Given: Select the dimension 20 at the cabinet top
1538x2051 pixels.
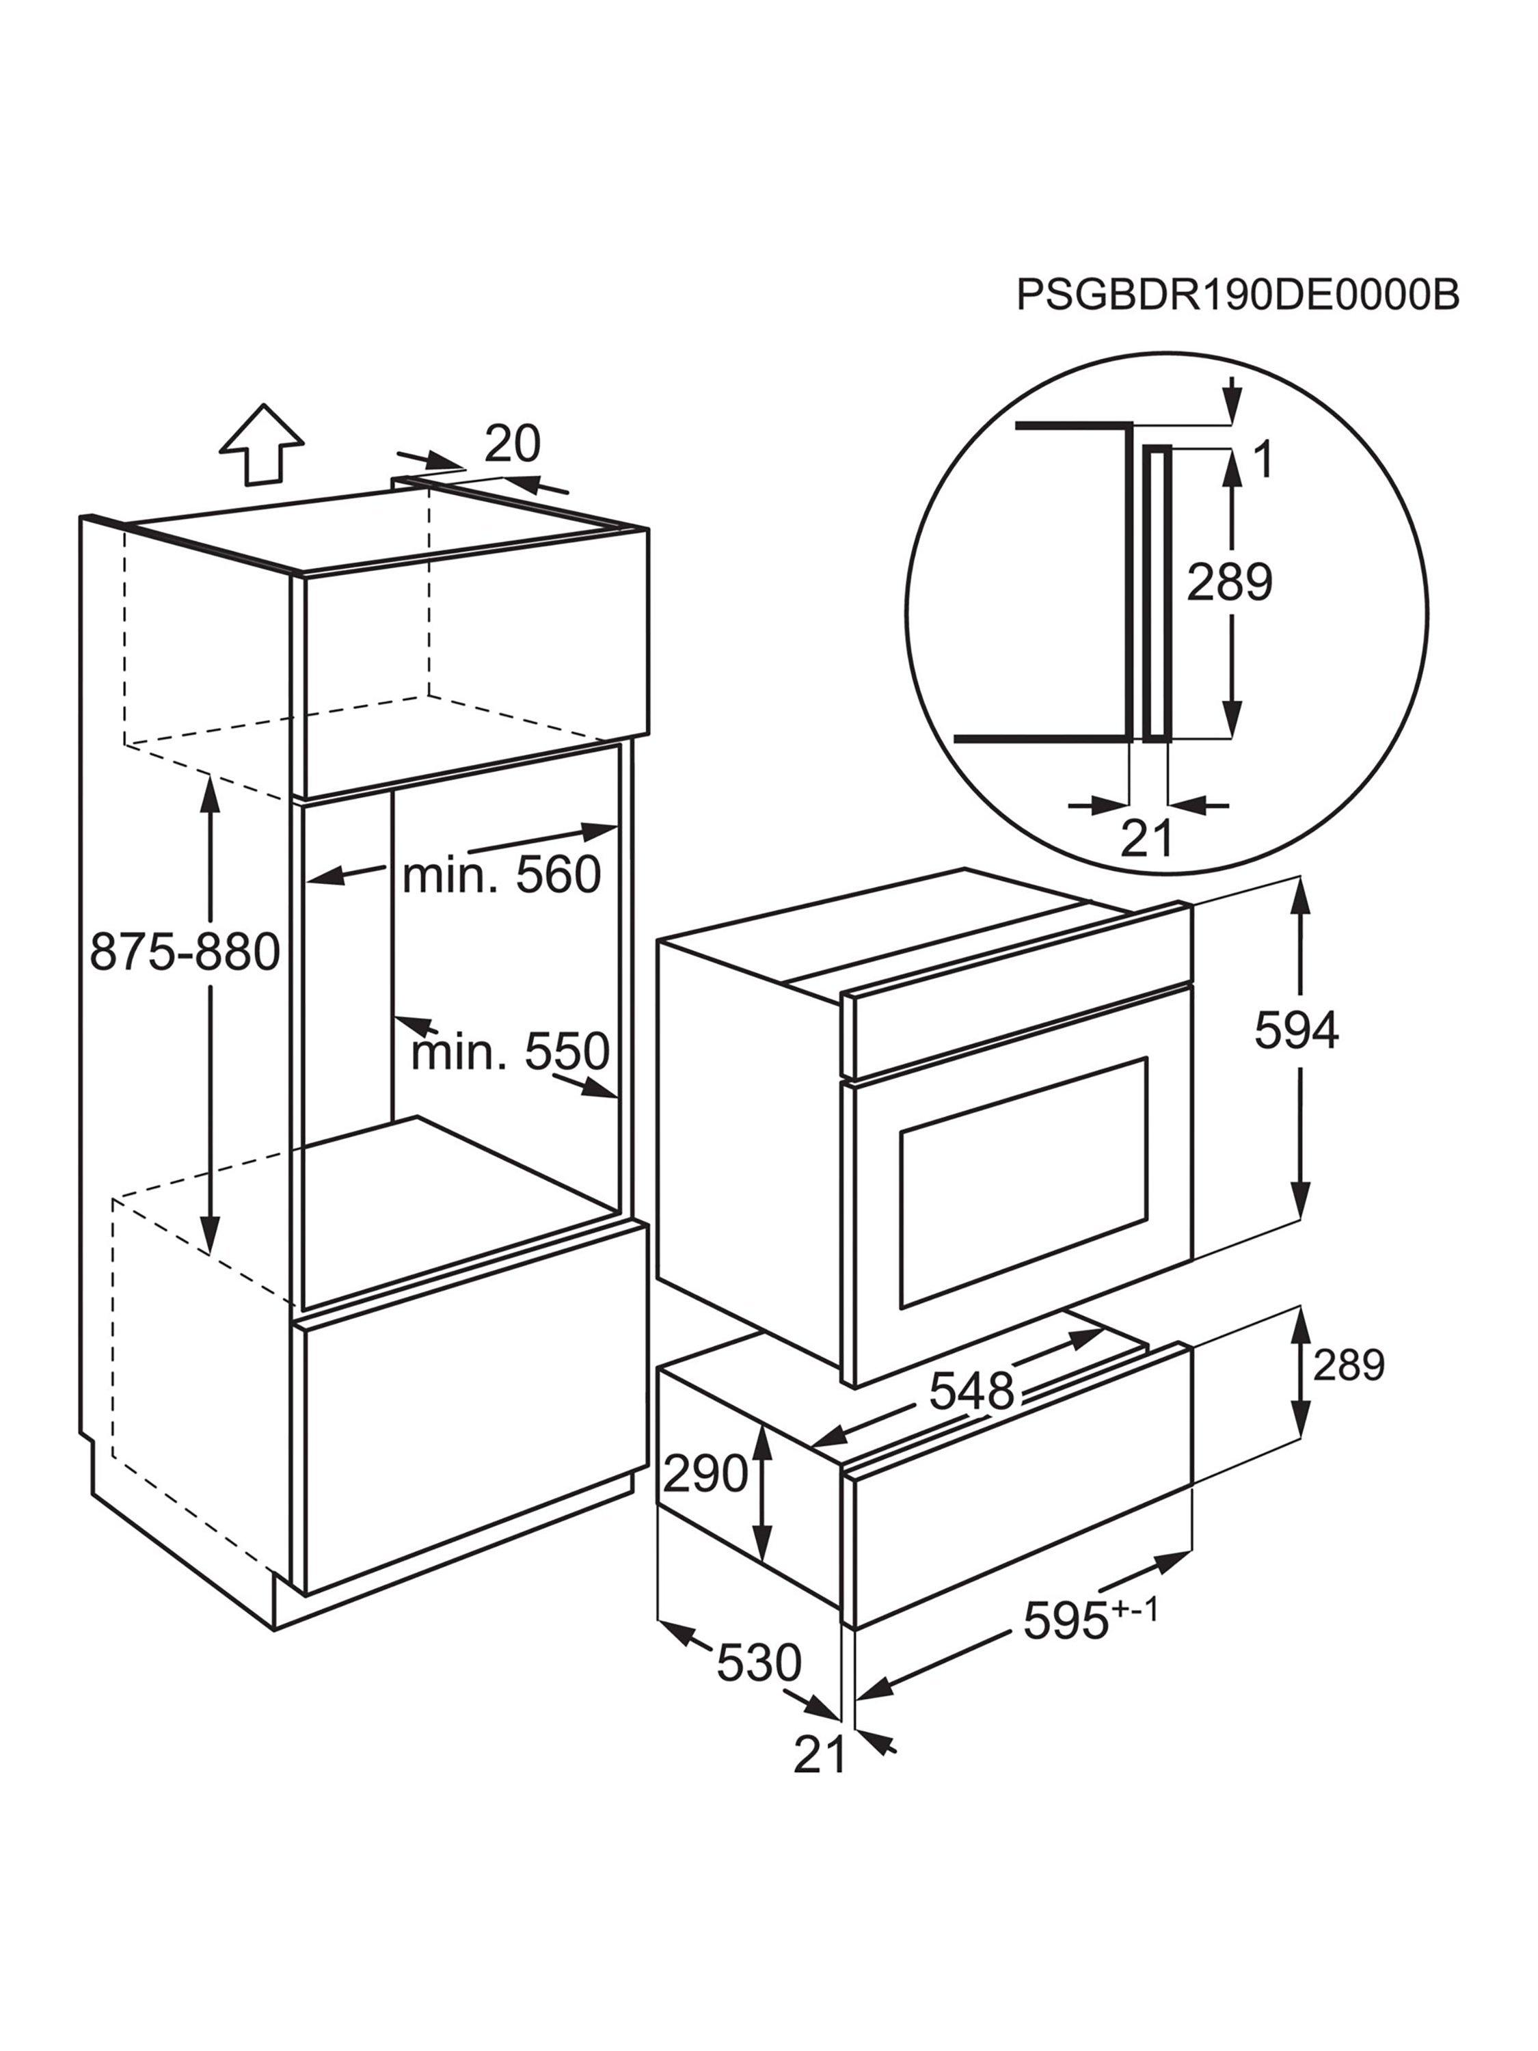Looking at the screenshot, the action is point(512,444).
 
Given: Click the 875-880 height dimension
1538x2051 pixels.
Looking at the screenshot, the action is point(185,952).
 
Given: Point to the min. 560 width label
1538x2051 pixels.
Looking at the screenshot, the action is point(502,874).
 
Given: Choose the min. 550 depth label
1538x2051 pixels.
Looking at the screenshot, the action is point(510,1051).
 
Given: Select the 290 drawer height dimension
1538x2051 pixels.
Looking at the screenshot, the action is point(705,1473).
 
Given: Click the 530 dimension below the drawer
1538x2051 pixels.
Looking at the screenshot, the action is point(758,1663).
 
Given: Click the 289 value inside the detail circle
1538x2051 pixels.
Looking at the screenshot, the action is point(1229,582).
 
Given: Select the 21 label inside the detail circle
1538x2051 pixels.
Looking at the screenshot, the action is point(1147,838).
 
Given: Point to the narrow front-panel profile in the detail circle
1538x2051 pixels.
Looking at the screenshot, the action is point(1157,594).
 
